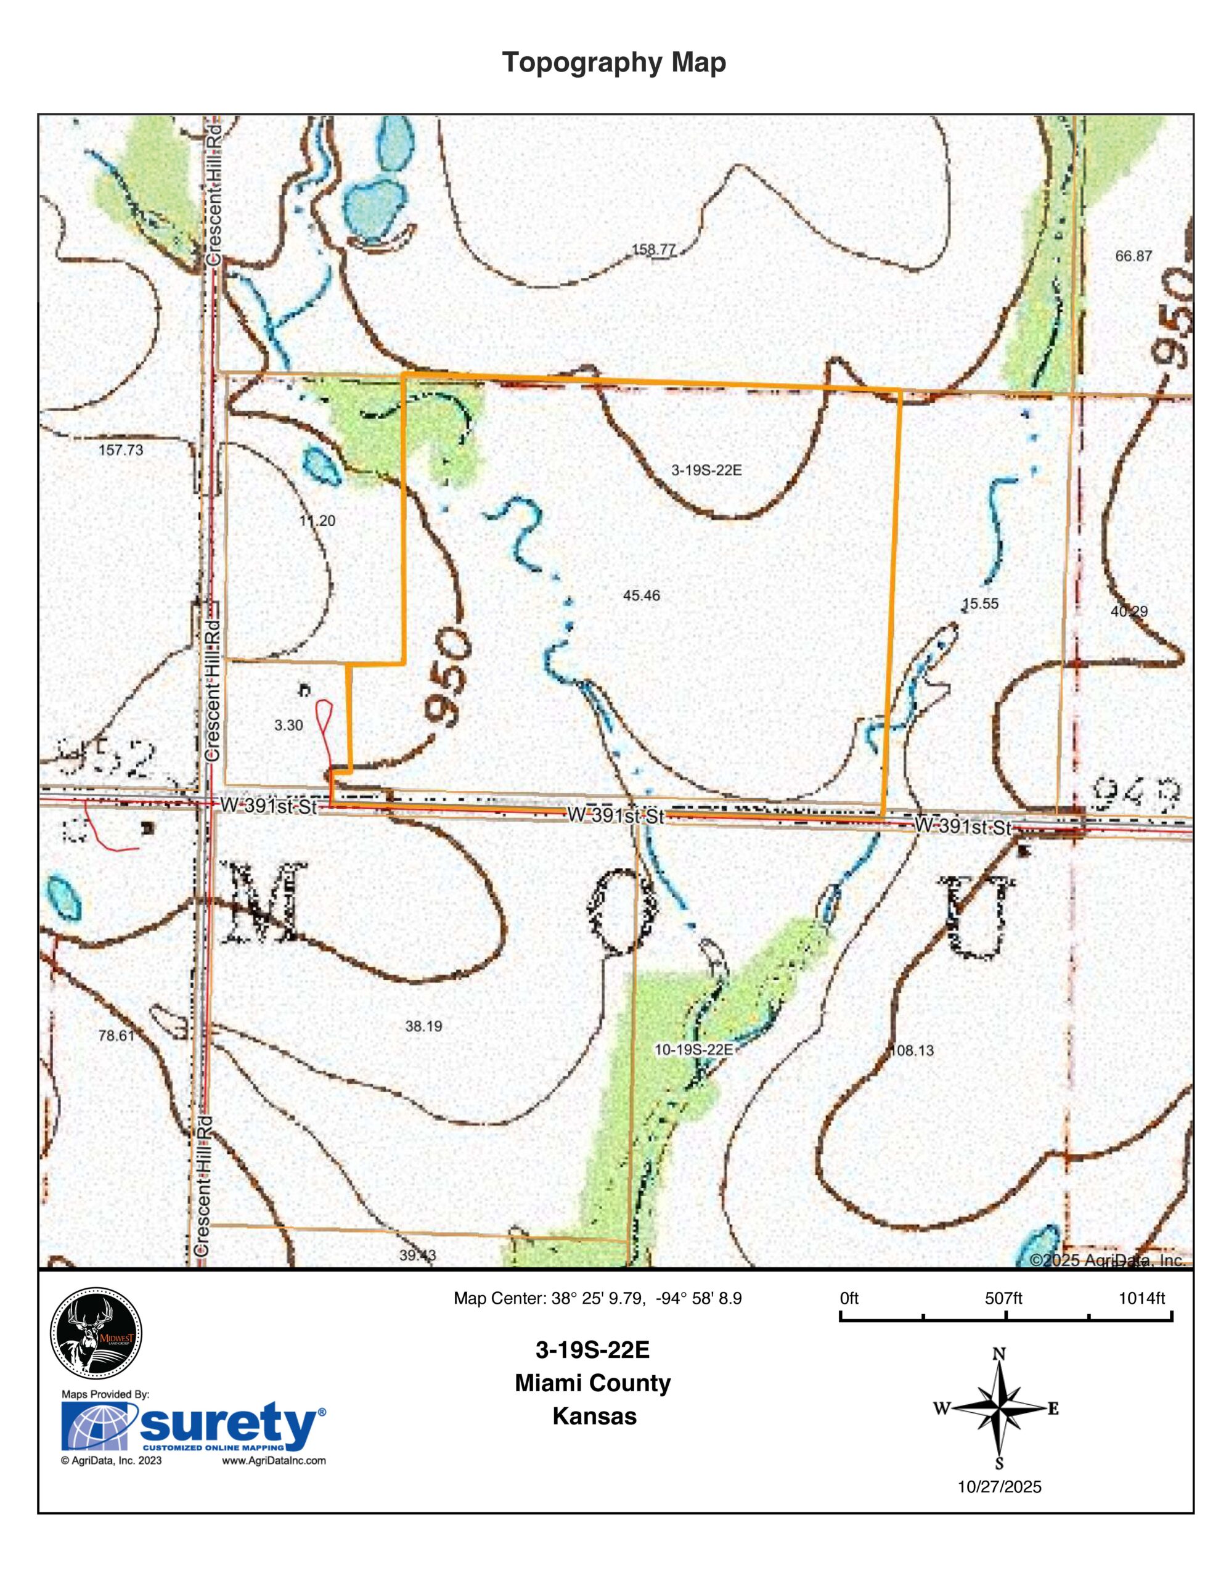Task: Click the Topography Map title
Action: (613, 63)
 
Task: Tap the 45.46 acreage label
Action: (641, 595)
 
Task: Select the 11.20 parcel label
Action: (317, 520)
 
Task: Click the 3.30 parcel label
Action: (288, 725)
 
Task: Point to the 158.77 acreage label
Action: (654, 250)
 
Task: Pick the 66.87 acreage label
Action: (1133, 256)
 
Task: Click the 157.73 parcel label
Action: (121, 449)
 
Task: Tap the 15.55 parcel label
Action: (981, 604)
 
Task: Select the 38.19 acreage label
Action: (423, 1026)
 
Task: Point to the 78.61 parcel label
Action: (116, 1036)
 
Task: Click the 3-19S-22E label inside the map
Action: (706, 470)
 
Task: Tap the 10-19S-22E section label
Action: (693, 1050)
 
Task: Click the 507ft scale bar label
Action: (1003, 1298)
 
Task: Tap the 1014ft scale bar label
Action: (1141, 1298)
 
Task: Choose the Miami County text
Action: (592, 1384)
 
